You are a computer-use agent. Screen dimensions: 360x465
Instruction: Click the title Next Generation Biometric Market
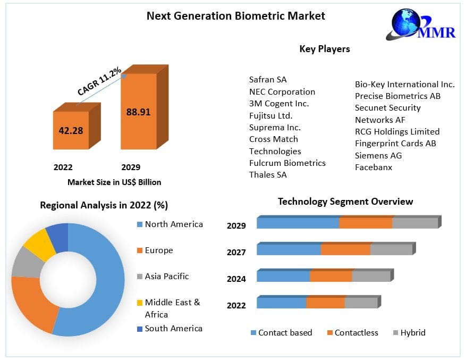(235, 16)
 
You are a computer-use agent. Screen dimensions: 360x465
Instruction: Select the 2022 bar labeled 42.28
(71, 130)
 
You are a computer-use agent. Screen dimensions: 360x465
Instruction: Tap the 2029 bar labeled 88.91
(138, 112)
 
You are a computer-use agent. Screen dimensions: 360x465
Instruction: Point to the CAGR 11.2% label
(99, 81)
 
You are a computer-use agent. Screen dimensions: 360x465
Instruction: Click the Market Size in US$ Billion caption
(114, 182)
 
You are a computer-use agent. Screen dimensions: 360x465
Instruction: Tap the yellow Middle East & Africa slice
(39, 244)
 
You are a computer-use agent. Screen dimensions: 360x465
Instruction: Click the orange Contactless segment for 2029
(366, 223)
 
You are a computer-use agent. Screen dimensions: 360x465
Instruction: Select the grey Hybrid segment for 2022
(361, 303)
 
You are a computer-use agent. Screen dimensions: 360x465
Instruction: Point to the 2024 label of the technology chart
(236, 279)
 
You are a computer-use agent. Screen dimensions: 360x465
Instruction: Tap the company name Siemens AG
(378, 155)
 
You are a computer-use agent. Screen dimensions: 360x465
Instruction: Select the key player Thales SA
(268, 174)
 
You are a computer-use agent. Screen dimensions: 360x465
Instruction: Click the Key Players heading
(325, 49)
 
